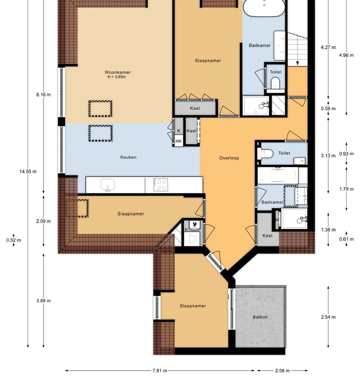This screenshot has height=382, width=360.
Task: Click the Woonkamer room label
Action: click(x=118, y=73)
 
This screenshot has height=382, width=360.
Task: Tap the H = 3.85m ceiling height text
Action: click(x=118, y=77)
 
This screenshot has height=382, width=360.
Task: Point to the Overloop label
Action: click(x=229, y=158)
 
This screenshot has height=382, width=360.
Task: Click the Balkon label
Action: click(x=260, y=317)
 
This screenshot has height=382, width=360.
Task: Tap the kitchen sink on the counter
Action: click(x=108, y=184)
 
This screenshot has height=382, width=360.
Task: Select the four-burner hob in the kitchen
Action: click(x=160, y=184)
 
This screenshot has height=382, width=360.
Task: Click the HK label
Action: click(x=179, y=141)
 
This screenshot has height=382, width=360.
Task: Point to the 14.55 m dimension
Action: click(x=28, y=171)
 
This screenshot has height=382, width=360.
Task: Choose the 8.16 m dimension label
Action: click(x=43, y=95)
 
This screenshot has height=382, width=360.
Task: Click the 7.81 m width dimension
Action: click(x=160, y=371)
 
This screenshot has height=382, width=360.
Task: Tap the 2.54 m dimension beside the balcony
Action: click(x=328, y=317)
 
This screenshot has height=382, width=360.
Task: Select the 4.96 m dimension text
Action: click(x=347, y=55)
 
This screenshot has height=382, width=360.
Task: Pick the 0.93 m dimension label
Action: click(x=347, y=154)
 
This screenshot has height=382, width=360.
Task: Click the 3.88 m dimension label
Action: click(x=43, y=301)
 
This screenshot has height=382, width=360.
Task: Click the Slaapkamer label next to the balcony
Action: click(x=193, y=306)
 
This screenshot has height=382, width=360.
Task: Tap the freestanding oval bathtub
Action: click(x=264, y=8)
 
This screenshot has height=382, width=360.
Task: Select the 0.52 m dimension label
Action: click(x=13, y=240)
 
